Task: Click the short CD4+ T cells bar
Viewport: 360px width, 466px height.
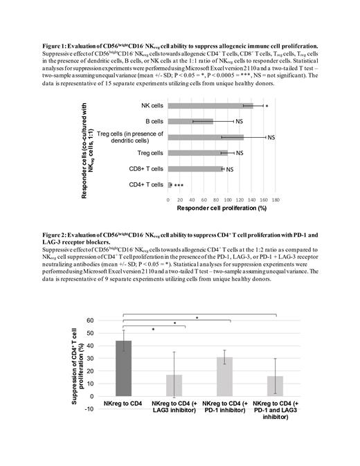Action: pos(170,185)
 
